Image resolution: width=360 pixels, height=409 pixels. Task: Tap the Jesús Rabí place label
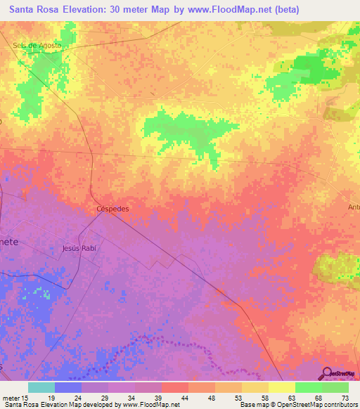(x=78, y=249)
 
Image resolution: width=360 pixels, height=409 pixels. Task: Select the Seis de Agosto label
(x=37, y=46)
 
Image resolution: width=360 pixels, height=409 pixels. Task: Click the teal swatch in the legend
(x=41, y=387)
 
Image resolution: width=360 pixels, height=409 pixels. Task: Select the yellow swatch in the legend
(x=281, y=387)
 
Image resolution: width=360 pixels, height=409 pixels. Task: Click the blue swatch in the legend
(x=67, y=387)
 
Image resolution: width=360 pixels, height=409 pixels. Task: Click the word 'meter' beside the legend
(x=10, y=398)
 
